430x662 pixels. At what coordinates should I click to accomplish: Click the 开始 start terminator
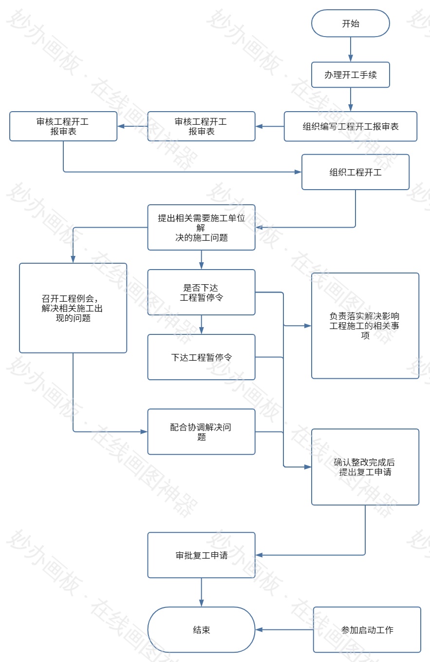pos(351,23)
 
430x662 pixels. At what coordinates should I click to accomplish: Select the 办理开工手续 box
pos(351,75)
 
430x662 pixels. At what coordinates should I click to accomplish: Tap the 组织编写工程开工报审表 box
pos(351,127)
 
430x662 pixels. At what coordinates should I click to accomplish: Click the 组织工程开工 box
pos(355,172)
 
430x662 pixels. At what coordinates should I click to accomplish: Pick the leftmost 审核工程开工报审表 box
pos(63,126)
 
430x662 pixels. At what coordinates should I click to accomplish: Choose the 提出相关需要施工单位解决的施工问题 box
pos(201,228)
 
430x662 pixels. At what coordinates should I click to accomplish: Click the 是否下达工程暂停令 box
pos(201,292)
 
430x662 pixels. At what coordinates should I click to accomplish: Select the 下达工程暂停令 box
pos(201,357)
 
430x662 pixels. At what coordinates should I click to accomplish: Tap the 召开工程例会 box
pos(73,308)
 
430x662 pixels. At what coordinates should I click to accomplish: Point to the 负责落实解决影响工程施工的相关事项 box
pos(365,326)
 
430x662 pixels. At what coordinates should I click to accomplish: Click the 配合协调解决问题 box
pos(201,432)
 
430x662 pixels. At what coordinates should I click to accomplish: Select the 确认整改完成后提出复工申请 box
pos(365,467)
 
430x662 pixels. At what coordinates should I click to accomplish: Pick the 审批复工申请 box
pos(201,555)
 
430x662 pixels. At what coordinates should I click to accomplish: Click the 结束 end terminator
pos(201,630)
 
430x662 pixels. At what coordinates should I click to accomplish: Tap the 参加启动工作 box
pos(367,630)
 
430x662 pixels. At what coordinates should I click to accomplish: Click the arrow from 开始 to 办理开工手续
pos(351,49)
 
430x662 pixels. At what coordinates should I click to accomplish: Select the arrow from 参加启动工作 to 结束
pos(285,630)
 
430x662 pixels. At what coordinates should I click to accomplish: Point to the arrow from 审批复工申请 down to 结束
pos(201,592)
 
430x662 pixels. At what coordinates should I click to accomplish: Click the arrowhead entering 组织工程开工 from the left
pos(298,172)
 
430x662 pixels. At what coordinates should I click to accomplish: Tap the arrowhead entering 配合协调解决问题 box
pos(144,432)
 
